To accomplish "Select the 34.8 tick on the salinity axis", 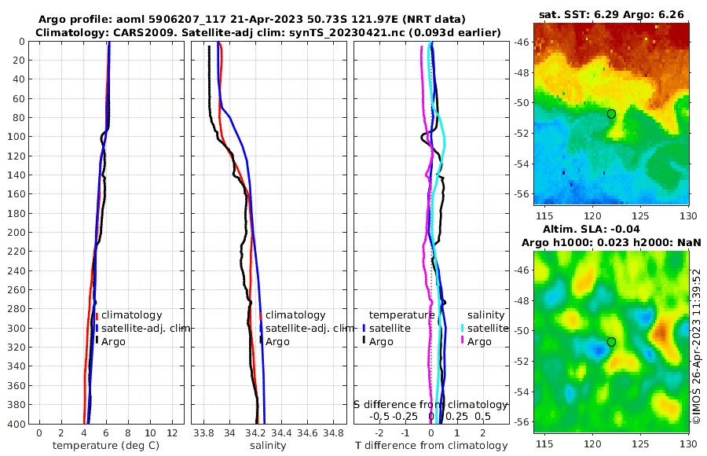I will [x=334, y=432].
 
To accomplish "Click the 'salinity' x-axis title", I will [x=267, y=446].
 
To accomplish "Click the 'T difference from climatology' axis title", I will [x=431, y=446].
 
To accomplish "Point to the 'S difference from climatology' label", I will [x=431, y=403].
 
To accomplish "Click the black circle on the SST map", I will [x=611, y=114].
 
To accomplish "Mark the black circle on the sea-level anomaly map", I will [x=611, y=342].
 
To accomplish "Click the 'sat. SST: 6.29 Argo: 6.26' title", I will [x=611, y=14].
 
